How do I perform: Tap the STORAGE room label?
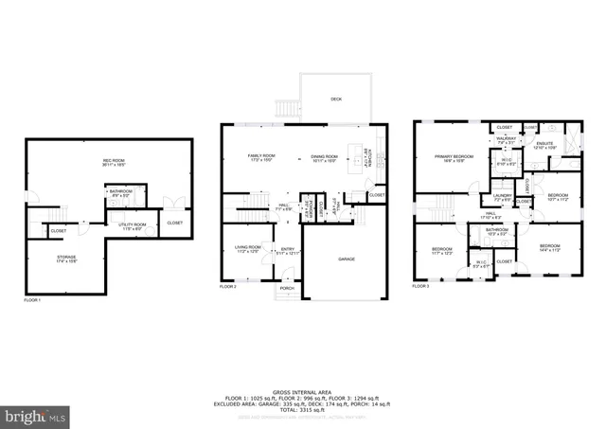[x=65, y=259]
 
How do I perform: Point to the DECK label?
[x=336, y=98]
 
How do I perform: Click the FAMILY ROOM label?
[x=261, y=156]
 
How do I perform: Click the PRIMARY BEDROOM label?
[x=454, y=157]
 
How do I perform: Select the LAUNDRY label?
[x=502, y=198]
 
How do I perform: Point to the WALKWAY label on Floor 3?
[x=506, y=139]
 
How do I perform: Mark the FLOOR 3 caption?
[x=420, y=285]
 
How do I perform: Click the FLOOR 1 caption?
[x=32, y=300]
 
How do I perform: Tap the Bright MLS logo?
[x=36, y=416]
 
